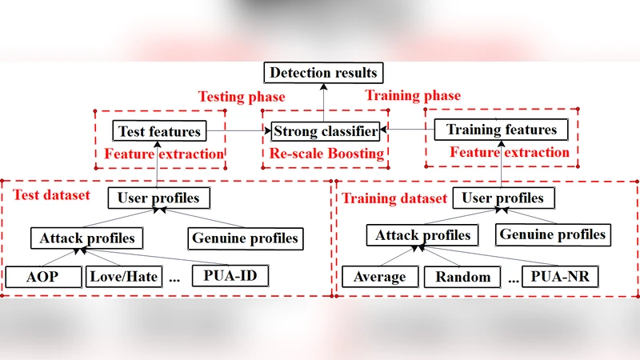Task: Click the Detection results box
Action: (323, 73)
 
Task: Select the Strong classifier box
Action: (325, 130)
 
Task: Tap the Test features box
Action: (159, 130)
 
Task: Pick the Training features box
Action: (501, 129)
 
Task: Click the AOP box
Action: (44, 277)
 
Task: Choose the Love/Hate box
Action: (123, 277)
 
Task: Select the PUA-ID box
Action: (230, 277)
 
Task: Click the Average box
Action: (380, 277)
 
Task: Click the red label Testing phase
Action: (242, 97)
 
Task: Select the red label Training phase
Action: (413, 96)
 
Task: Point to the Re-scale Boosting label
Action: (325, 153)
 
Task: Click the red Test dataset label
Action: (51, 194)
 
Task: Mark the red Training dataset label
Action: (394, 198)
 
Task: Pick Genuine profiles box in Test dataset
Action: (245, 238)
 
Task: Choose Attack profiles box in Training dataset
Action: (423, 235)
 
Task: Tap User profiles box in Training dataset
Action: (503, 198)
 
